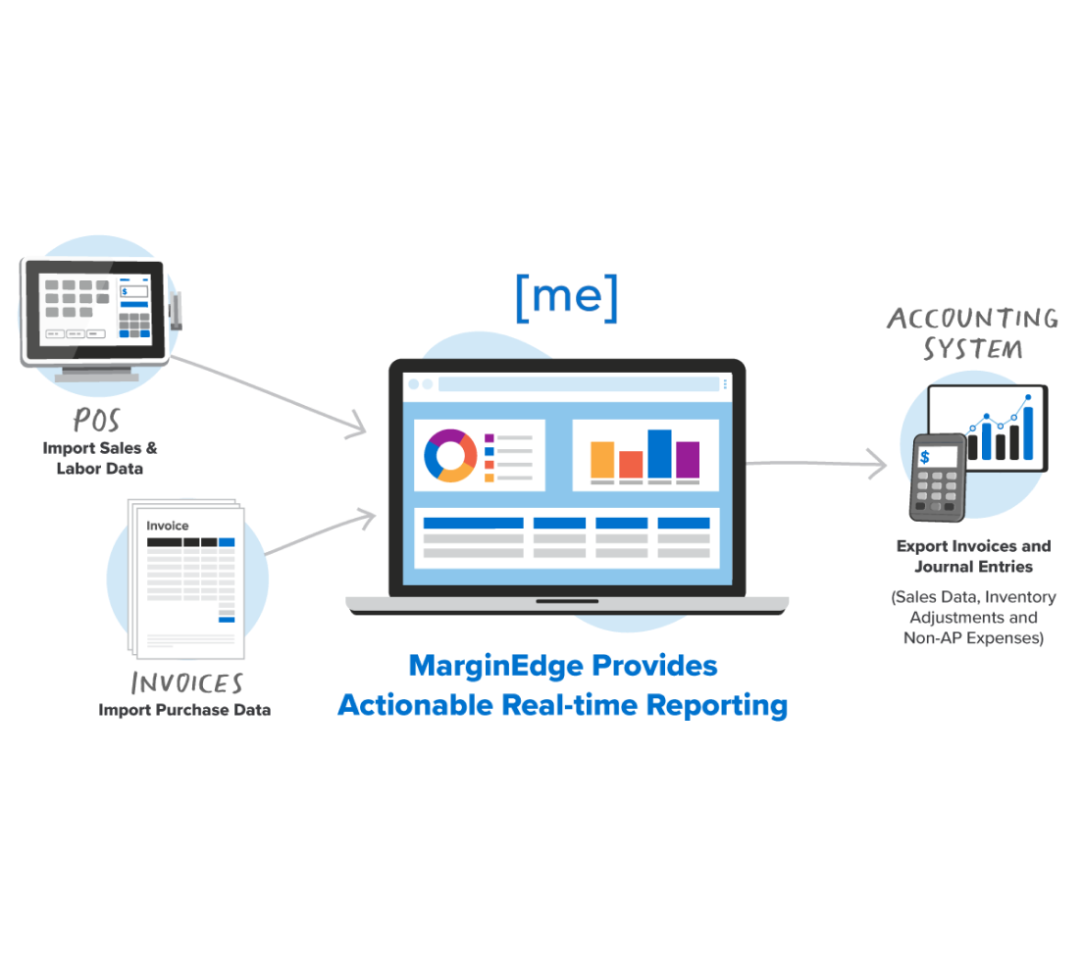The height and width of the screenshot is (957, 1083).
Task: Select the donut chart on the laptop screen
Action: [x=449, y=456]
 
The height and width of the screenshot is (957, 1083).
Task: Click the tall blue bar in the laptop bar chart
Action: [x=659, y=454]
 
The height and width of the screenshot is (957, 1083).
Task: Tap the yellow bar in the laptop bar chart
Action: [x=602, y=460]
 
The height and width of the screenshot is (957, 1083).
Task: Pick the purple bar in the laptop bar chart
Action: [x=688, y=460]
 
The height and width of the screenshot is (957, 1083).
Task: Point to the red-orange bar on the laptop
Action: [x=631, y=464]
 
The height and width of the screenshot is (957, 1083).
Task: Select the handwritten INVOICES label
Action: [x=186, y=683]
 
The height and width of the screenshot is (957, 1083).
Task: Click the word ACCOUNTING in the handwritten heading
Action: [x=972, y=318]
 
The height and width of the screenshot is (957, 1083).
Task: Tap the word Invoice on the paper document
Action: [x=167, y=526]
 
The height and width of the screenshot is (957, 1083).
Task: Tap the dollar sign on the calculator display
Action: [x=924, y=457]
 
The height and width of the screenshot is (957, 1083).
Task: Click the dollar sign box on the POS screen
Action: [x=133, y=291]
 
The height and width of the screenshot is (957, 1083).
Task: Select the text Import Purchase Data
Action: [x=184, y=710]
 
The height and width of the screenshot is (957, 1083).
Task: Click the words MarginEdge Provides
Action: [x=562, y=666]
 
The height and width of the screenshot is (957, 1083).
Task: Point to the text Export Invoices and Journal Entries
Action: [x=973, y=556]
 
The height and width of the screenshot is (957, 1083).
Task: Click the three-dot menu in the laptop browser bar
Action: [x=725, y=384]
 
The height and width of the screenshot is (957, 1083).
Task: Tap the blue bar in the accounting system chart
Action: [x=1027, y=433]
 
